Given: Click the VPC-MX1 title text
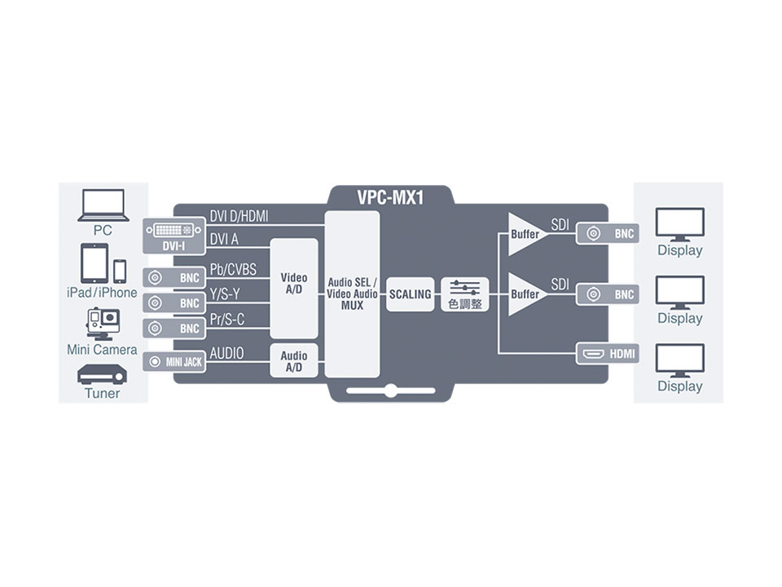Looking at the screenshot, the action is pyautogui.click(x=390, y=197).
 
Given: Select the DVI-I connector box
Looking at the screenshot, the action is pyautogui.click(x=174, y=236).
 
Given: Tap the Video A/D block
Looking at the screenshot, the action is pyautogui.click(x=294, y=289).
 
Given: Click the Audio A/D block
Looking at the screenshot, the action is pyautogui.click(x=294, y=360).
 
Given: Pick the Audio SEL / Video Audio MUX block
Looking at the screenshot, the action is pyautogui.click(x=352, y=294).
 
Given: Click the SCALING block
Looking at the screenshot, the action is pyautogui.click(x=410, y=294).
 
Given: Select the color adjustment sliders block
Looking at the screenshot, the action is pyautogui.click(x=465, y=294).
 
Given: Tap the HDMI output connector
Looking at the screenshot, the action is pyautogui.click(x=608, y=354).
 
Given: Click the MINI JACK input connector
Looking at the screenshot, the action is pyautogui.click(x=174, y=361).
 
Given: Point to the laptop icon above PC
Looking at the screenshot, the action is pyautogui.click(x=103, y=205).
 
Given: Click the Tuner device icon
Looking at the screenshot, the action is pyautogui.click(x=103, y=375).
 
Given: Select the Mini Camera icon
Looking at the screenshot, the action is pyautogui.click(x=103, y=324).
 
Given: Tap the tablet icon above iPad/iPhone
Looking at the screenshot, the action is pyautogui.click(x=94, y=263).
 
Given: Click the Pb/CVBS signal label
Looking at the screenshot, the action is pyautogui.click(x=233, y=270).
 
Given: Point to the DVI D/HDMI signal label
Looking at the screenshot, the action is pyautogui.click(x=239, y=216).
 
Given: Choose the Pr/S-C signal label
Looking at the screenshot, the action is pyautogui.click(x=227, y=320).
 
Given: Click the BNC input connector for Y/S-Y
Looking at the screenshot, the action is pyautogui.click(x=174, y=303).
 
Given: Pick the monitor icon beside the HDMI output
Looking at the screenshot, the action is pyautogui.click(x=679, y=360).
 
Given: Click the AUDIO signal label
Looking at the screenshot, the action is pyautogui.click(x=227, y=353).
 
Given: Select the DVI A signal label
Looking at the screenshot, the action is pyautogui.click(x=224, y=240).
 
